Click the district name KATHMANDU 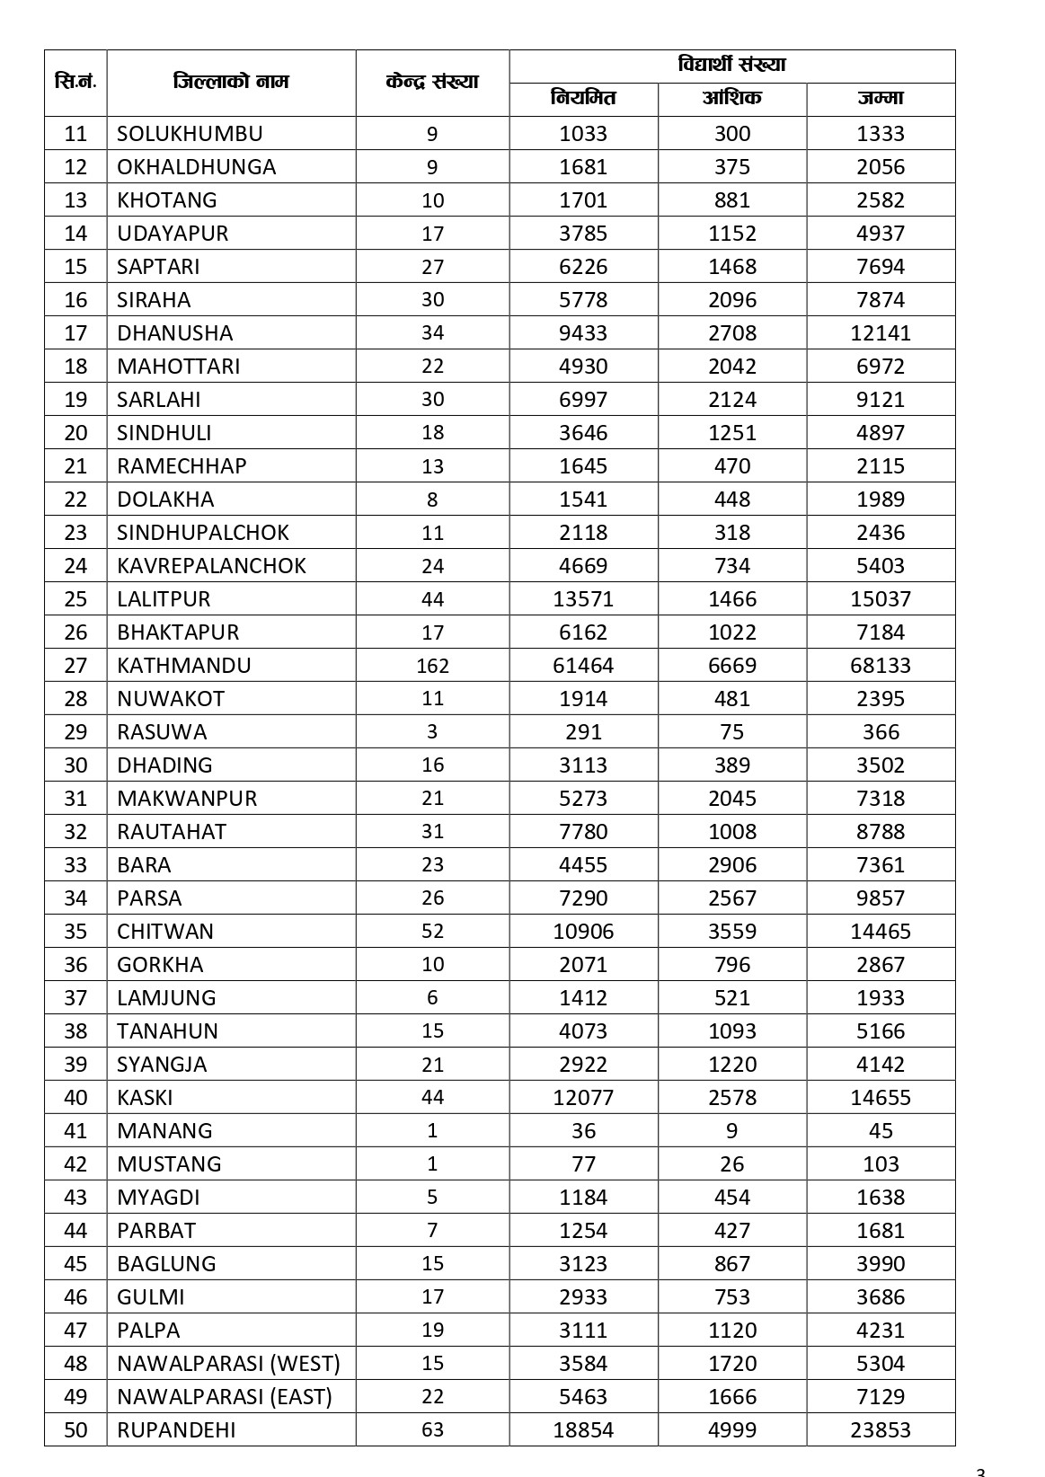point(184,666)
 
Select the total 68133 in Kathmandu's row point(881,666)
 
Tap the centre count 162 point(432,666)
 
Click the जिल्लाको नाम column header point(231,83)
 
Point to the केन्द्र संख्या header point(432,83)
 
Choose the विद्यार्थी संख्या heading point(731,66)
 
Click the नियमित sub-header point(583,99)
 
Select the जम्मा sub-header point(881,99)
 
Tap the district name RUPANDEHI point(176,1429)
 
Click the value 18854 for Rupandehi point(583,1429)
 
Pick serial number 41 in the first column point(76,1130)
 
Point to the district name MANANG point(164,1130)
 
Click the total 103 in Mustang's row point(881,1163)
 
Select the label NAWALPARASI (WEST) point(228,1363)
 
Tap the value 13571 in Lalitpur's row point(583,599)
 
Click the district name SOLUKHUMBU point(190,134)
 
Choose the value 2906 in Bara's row point(732,865)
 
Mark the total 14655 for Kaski point(881,1097)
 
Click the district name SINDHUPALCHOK point(203,533)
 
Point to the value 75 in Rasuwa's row point(732,732)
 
